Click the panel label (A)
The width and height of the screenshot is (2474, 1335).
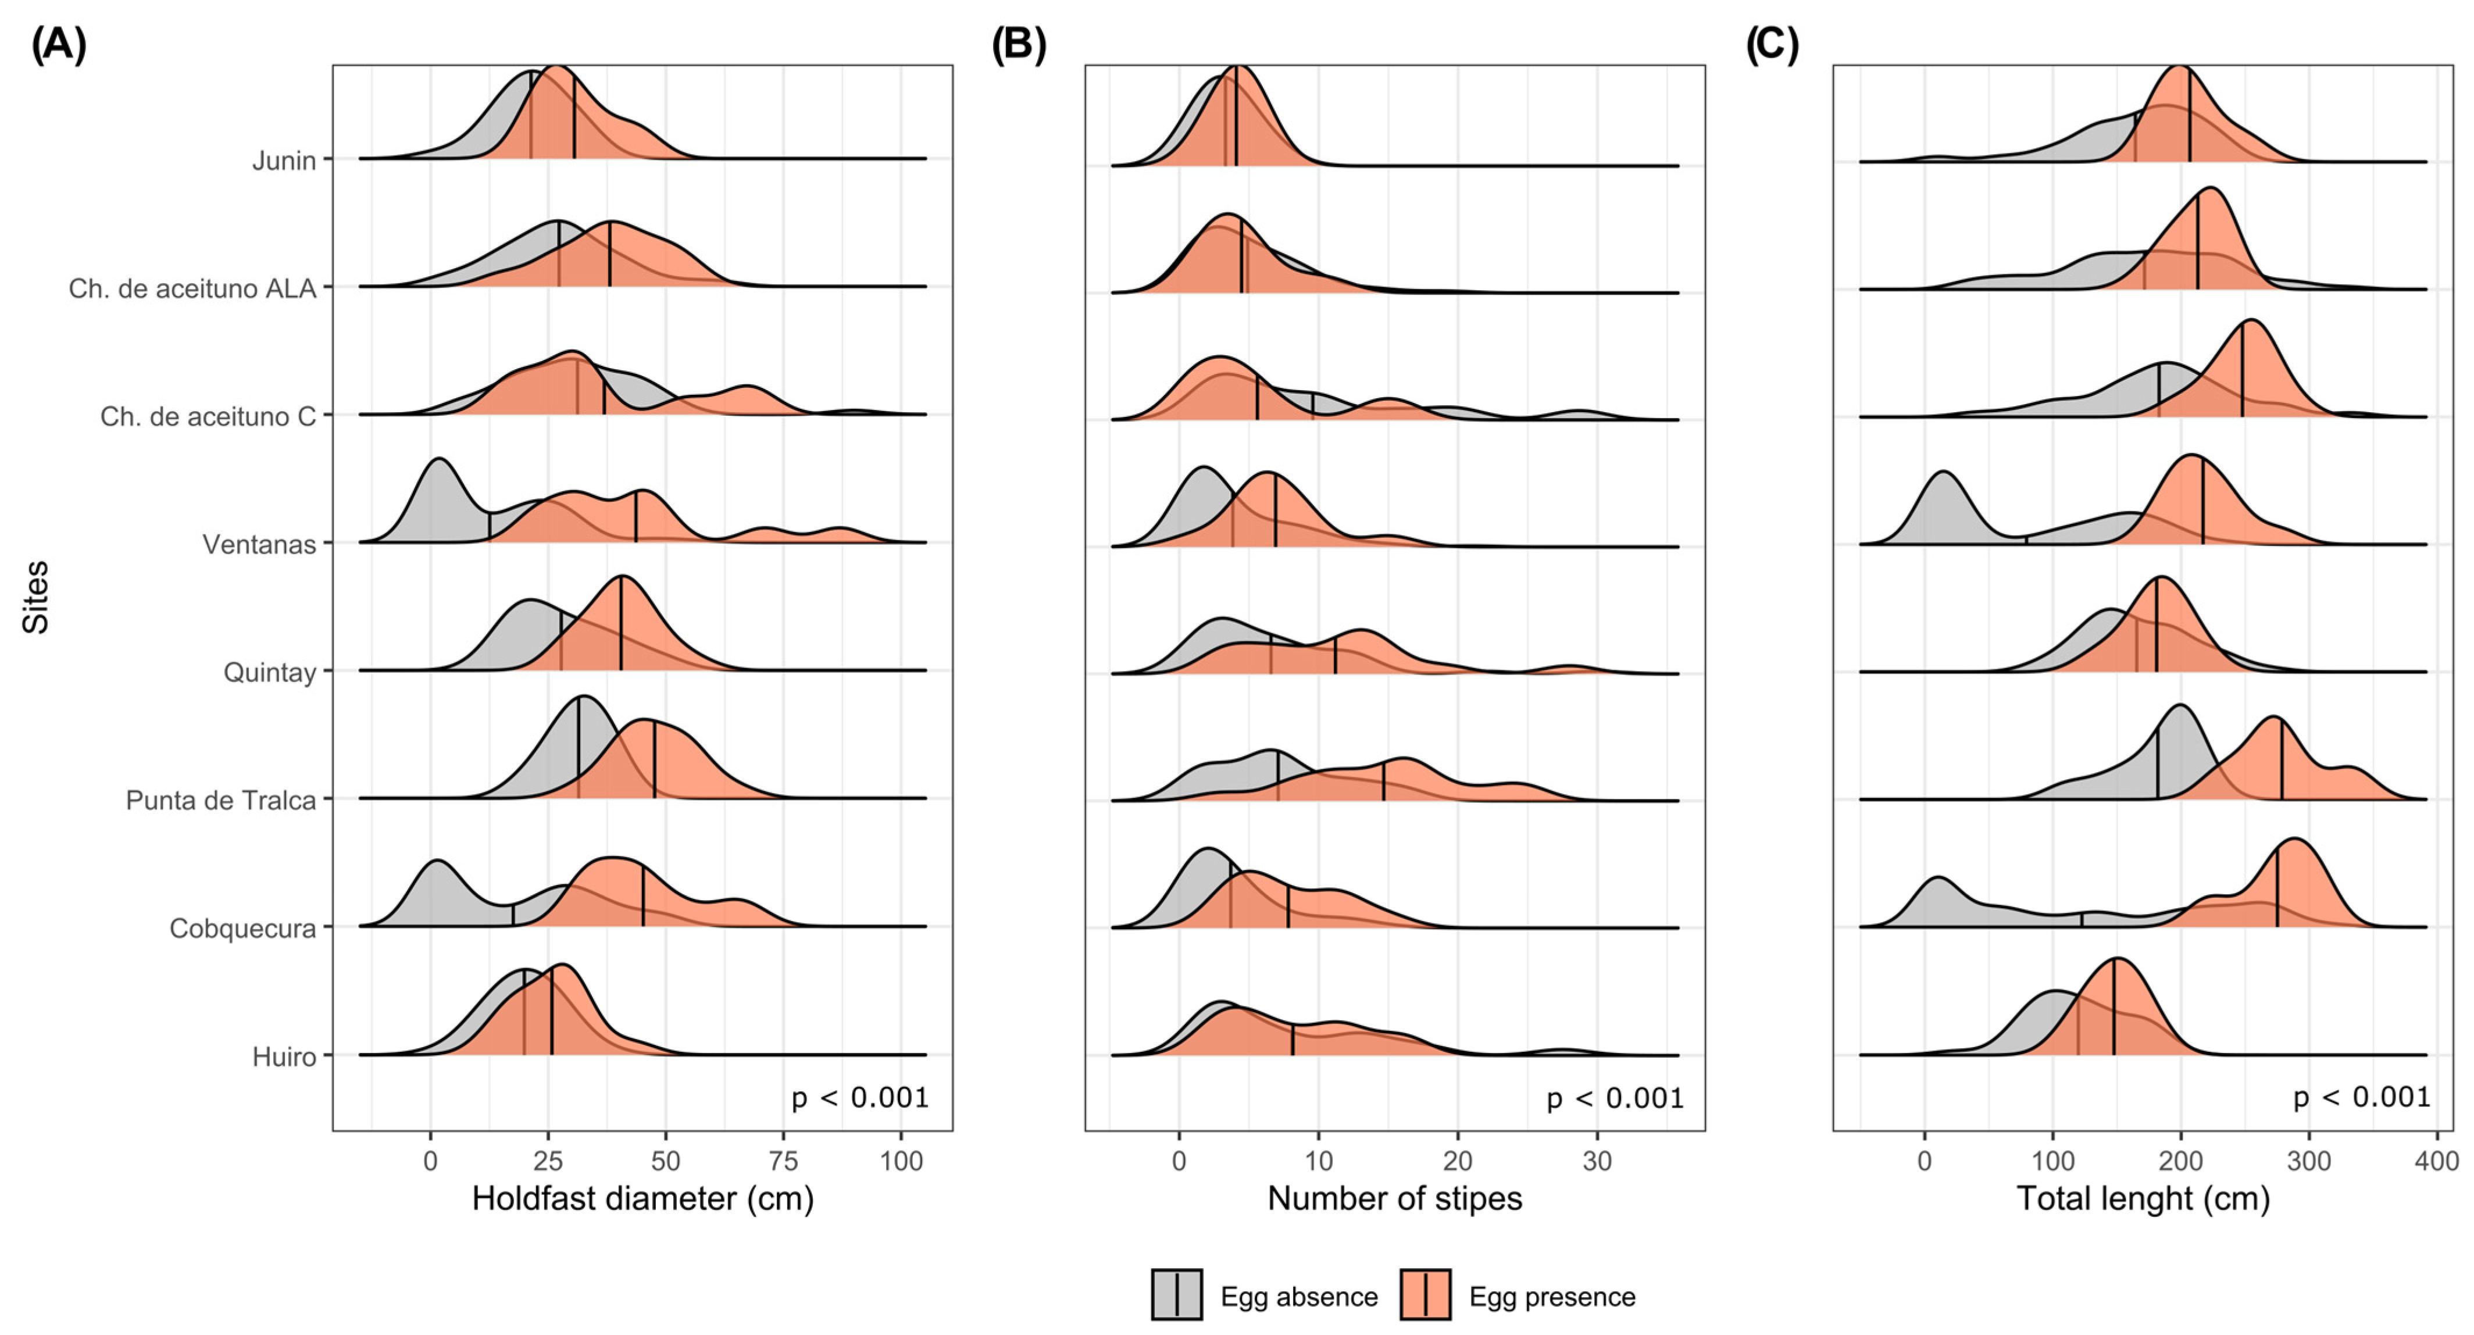(59, 45)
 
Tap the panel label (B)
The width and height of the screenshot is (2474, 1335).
(1019, 45)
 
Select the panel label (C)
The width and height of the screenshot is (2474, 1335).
(1772, 45)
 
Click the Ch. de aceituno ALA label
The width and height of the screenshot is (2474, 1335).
(192, 288)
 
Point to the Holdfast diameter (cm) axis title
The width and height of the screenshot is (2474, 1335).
(642, 1198)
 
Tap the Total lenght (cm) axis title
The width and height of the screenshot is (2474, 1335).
(2143, 1198)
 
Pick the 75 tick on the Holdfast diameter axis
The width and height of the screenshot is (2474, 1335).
(784, 1161)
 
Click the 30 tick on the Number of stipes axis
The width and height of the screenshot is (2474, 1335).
(1597, 1161)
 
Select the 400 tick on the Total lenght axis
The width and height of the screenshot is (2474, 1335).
(2437, 1161)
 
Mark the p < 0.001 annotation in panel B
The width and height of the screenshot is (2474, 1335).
(1615, 1098)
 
